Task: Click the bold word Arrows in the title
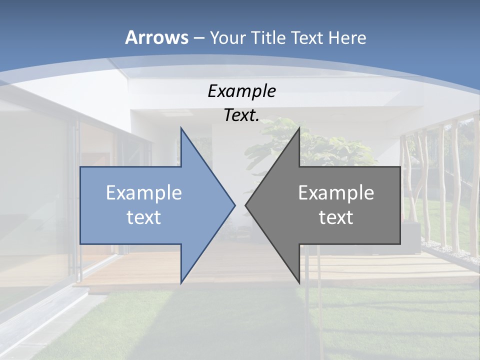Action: (x=157, y=37)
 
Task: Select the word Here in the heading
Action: (x=347, y=37)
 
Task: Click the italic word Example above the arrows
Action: (x=241, y=91)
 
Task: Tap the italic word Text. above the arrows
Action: (x=241, y=115)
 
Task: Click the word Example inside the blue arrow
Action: (x=144, y=192)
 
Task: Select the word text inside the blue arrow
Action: (x=144, y=217)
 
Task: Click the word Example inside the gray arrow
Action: (x=336, y=192)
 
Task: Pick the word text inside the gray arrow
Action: (x=336, y=217)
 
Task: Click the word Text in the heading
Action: (x=307, y=37)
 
